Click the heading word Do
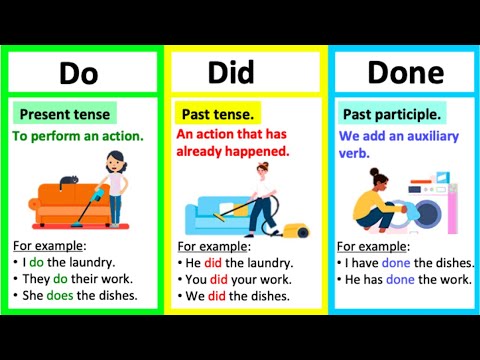point(80,72)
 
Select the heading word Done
point(404,72)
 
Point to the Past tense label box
point(217,113)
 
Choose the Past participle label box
point(391,113)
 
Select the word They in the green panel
point(37,279)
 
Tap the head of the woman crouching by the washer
point(383,178)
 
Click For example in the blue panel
point(373,245)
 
